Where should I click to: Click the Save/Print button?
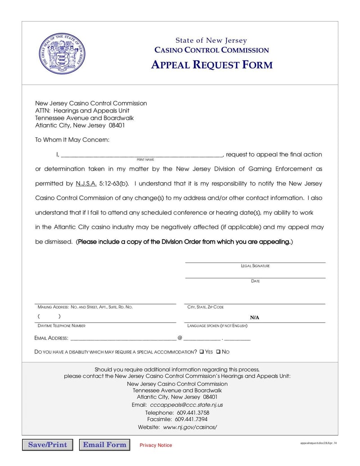[x=47, y=445]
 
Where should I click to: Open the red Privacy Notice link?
[x=156, y=445]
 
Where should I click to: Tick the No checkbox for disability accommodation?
[x=218, y=352]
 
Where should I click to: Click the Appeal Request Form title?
[x=211, y=65]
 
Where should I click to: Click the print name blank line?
[x=141, y=155]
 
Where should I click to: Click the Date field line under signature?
[x=255, y=277]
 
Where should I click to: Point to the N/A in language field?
[x=255, y=317]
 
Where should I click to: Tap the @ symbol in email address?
[x=180, y=338]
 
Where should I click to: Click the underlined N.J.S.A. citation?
[x=86, y=184]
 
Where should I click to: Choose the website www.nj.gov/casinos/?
[x=190, y=427]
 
